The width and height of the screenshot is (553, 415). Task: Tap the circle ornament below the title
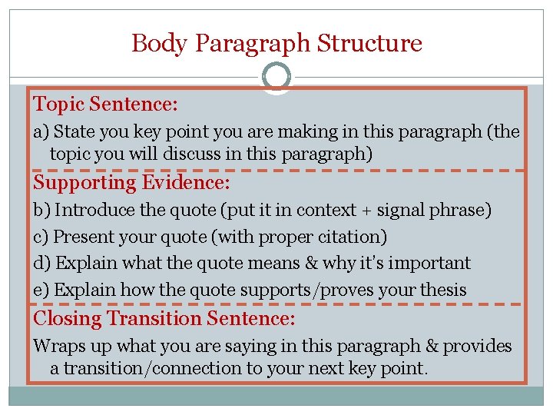pyautogui.click(x=276, y=77)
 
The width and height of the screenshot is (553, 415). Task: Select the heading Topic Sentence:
pyautogui.click(x=106, y=104)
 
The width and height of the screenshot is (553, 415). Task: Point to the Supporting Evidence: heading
pyautogui.click(x=132, y=183)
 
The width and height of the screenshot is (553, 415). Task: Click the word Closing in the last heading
pyautogui.click(x=68, y=318)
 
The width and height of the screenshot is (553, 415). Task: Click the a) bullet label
pyautogui.click(x=41, y=132)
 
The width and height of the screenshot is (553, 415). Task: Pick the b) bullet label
pyautogui.click(x=42, y=210)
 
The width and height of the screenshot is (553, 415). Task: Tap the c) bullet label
pyautogui.click(x=41, y=237)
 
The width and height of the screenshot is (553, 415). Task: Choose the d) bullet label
pyautogui.click(x=42, y=263)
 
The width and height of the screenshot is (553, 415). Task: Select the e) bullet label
pyautogui.click(x=41, y=290)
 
